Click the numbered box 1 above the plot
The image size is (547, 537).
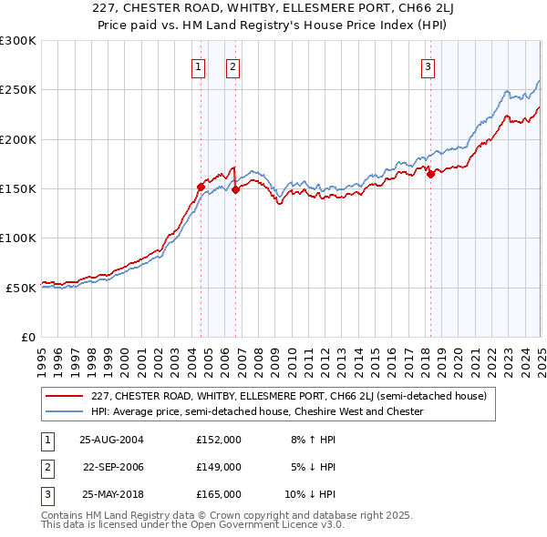click(x=199, y=66)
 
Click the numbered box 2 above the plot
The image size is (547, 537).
click(x=233, y=66)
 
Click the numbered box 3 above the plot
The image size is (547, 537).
click(x=428, y=66)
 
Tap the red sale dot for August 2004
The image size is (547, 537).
click(x=201, y=187)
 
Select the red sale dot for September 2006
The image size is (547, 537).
click(x=235, y=189)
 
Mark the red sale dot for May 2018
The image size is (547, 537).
click(x=430, y=175)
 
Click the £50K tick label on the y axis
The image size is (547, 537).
click(x=21, y=288)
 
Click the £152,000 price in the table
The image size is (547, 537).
click(x=219, y=439)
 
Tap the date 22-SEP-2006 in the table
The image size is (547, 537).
click(x=113, y=467)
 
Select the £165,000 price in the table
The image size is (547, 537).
click(x=219, y=494)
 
